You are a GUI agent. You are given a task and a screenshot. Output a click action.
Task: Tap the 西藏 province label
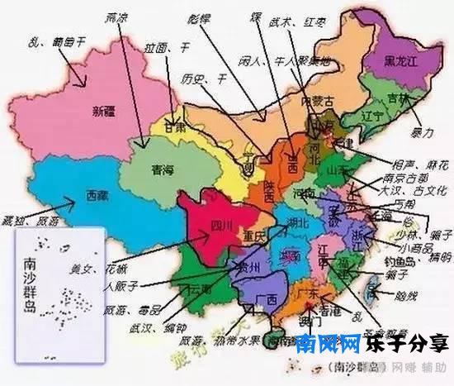pos(97,198)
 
